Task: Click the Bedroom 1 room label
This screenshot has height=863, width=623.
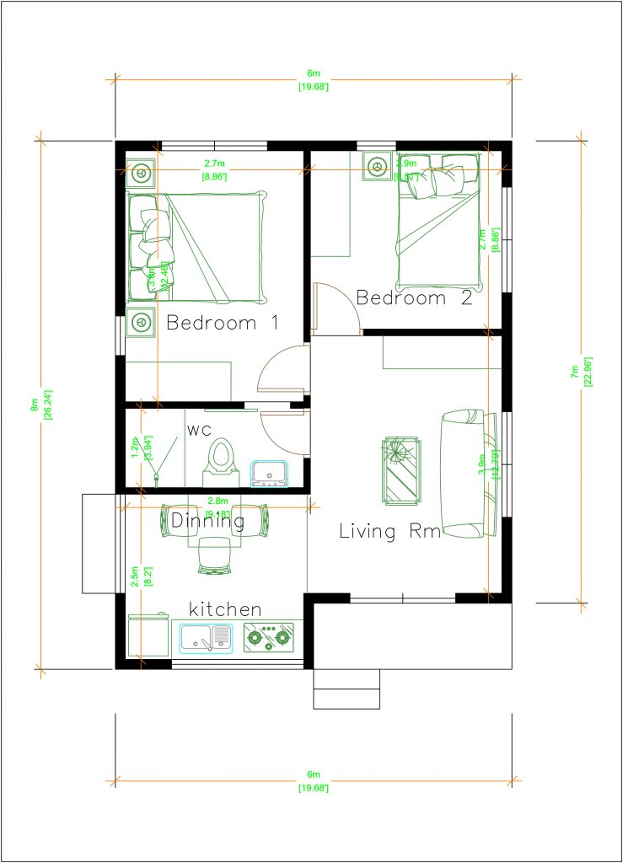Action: (x=223, y=323)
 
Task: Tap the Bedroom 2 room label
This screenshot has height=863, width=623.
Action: (x=413, y=297)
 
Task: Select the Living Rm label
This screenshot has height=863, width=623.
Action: (x=389, y=531)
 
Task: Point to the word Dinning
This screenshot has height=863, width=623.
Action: (x=207, y=522)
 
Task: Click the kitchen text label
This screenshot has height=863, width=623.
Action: (x=224, y=608)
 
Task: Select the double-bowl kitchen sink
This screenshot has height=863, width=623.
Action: (x=207, y=639)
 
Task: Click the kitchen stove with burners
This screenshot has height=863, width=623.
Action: (x=268, y=638)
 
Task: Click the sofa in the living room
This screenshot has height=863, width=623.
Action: (x=464, y=474)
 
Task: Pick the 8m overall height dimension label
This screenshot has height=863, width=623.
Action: (x=35, y=404)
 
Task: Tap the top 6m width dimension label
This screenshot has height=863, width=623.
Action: (x=312, y=75)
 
